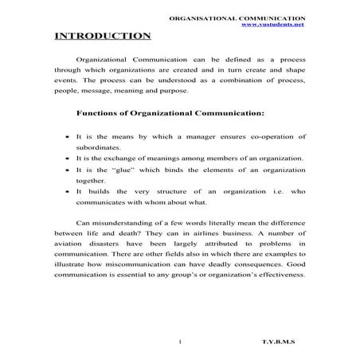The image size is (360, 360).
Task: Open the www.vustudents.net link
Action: [272, 24]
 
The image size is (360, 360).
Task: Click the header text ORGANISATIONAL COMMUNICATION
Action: [238, 16]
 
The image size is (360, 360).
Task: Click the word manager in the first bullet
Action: [196, 137]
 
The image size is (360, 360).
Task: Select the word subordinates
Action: [98, 148]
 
